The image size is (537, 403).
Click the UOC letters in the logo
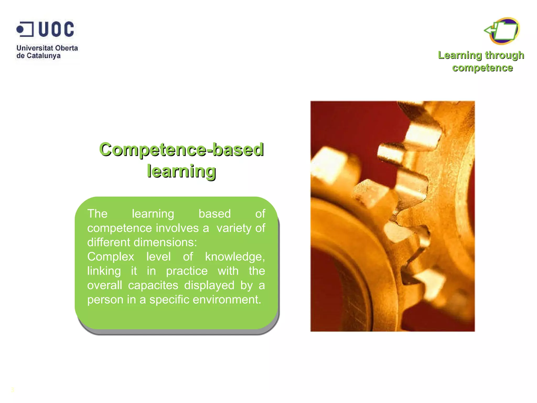(56, 29)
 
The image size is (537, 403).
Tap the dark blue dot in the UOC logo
(20, 29)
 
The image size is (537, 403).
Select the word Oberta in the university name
(67, 48)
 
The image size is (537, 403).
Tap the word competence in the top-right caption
(482, 68)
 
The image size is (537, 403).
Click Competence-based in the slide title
(181, 150)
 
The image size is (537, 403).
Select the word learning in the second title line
(181, 171)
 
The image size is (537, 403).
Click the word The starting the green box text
(97, 214)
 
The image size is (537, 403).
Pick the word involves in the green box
(177, 228)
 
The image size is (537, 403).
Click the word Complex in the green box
(111, 257)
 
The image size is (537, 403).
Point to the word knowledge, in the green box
(235, 257)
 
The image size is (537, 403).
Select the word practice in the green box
(187, 271)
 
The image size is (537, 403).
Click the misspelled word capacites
(153, 285)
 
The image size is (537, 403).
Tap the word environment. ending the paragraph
(227, 300)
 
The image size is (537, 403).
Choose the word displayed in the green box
(209, 285)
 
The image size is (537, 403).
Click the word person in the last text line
(105, 300)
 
